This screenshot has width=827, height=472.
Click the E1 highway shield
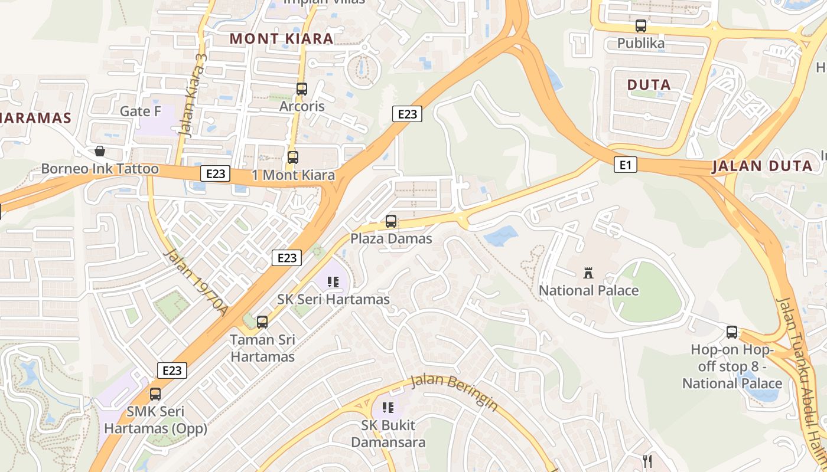(x=625, y=165)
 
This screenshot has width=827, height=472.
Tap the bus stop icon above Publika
(x=641, y=26)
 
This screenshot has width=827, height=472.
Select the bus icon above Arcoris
(x=302, y=89)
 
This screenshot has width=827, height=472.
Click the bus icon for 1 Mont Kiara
(x=293, y=158)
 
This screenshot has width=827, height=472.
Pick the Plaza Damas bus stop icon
(x=391, y=221)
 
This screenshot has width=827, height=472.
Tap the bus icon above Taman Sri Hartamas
(x=262, y=322)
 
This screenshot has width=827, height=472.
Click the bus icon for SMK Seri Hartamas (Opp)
(x=155, y=394)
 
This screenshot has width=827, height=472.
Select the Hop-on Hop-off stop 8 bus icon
(x=732, y=332)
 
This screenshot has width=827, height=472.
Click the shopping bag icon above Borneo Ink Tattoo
(x=100, y=151)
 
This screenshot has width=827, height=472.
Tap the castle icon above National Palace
(x=588, y=273)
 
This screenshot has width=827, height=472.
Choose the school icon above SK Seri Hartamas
(x=333, y=282)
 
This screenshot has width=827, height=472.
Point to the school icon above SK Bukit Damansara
(x=388, y=407)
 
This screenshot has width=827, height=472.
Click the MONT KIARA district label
(x=281, y=39)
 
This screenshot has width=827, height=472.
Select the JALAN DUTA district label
(x=762, y=166)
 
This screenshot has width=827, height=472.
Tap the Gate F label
(x=141, y=111)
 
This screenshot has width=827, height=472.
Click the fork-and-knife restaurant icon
(x=647, y=461)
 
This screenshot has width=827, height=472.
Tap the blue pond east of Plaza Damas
(x=500, y=236)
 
